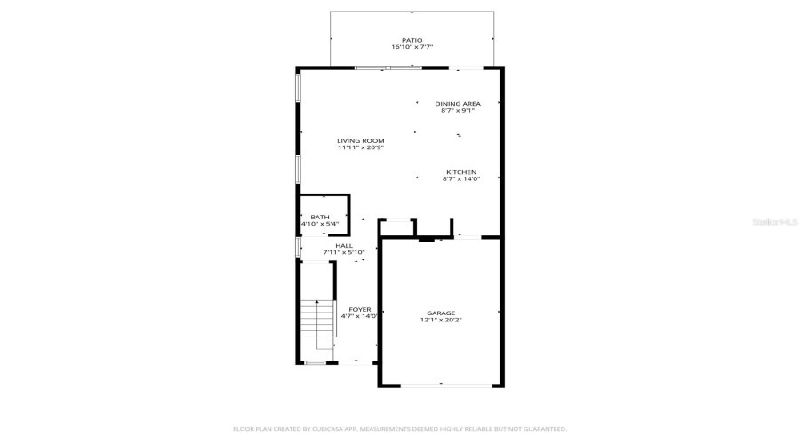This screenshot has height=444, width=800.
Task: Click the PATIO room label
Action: click(x=412, y=40)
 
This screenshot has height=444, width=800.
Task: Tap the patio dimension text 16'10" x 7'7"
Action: click(x=412, y=47)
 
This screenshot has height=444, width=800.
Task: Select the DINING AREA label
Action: click(x=458, y=104)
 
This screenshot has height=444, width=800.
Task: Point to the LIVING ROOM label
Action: click(x=360, y=140)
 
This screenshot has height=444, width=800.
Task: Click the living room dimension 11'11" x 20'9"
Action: click(x=360, y=147)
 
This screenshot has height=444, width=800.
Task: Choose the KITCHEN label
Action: click(x=460, y=172)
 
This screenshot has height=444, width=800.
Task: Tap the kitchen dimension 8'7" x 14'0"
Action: click(x=460, y=179)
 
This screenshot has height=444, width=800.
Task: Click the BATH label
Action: click(x=320, y=217)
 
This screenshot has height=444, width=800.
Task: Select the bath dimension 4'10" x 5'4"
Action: click(x=320, y=224)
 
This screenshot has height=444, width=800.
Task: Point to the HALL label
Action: click(x=344, y=245)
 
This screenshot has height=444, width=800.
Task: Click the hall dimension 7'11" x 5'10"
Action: click(x=344, y=252)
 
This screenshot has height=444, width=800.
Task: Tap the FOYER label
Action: click(x=360, y=309)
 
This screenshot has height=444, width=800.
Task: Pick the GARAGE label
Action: click(x=441, y=313)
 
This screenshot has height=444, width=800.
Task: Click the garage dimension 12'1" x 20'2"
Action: click(x=441, y=320)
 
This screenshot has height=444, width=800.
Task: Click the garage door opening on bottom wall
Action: click(x=442, y=385)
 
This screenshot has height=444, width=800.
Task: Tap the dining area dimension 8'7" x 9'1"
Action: click(x=458, y=111)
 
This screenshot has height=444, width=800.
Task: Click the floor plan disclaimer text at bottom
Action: click(x=400, y=429)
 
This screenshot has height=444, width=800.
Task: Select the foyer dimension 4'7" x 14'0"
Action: click(x=360, y=316)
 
